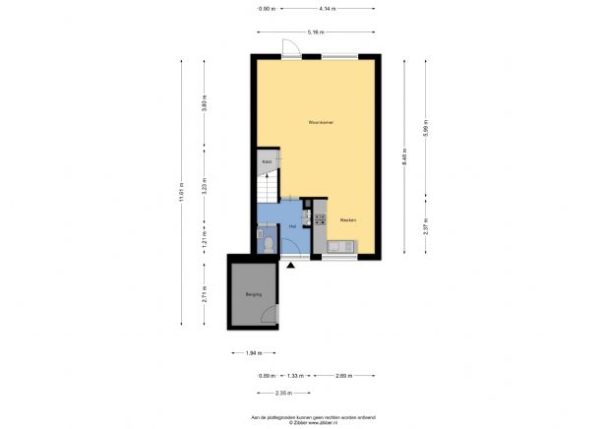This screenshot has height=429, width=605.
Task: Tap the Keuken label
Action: [347, 220]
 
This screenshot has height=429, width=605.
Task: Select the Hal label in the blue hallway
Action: [293, 226]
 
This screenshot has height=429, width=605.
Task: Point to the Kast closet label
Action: [266, 159]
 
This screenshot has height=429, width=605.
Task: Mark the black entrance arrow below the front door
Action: [290, 264]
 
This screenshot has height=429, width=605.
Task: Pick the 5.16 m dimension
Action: [316, 32]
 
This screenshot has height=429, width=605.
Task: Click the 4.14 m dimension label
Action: [327, 9]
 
